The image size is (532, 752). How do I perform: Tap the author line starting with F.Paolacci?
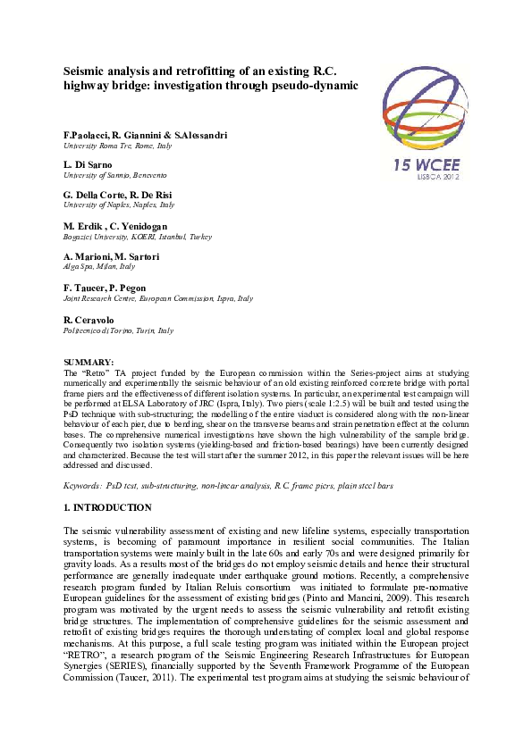pyautogui.click(x=145, y=135)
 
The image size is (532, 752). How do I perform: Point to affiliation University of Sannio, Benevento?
pyautogui.click(x=114, y=175)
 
